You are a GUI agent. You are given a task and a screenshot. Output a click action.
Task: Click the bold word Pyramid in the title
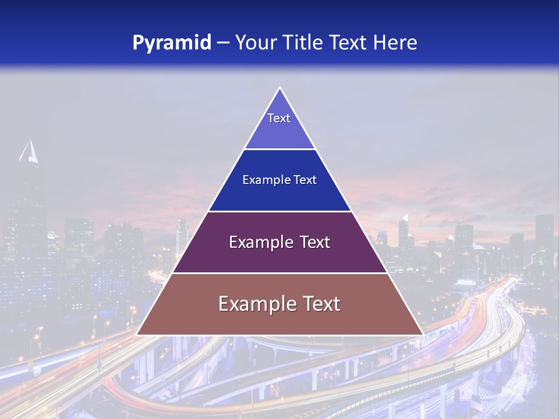pyautogui.click(x=171, y=43)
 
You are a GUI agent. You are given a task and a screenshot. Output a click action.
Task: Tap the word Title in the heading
pyautogui.click(x=305, y=43)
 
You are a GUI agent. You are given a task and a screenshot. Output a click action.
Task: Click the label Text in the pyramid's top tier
pyautogui.click(x=279, y=118)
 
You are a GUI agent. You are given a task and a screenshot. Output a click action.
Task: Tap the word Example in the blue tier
pyautogui.click(x=261, y=180)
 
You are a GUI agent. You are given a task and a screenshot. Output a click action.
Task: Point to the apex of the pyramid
pyautogui.click(x=279, y=88)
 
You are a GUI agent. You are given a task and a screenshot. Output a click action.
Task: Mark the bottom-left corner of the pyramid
pyautogui.click(x=137, y=335)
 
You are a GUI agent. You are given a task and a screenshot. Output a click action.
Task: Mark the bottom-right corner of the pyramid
pyautogui.click(x=422, y=335)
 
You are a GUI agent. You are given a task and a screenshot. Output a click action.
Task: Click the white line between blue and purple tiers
pyautogui.click(x=279, y=211)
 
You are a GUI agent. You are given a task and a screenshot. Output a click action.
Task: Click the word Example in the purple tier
pyautogui.click(x=258, y=242)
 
